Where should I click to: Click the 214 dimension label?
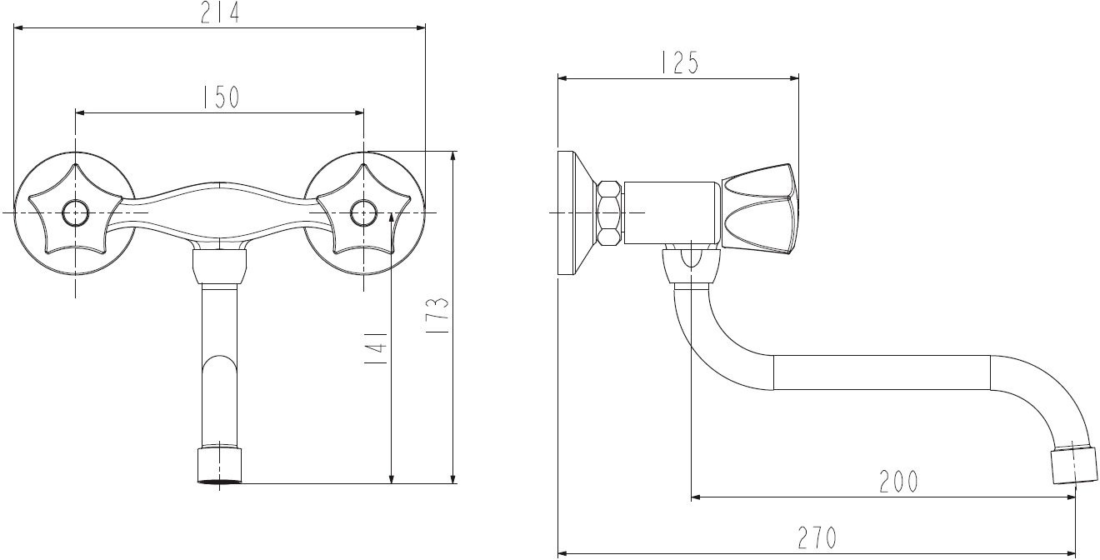219,13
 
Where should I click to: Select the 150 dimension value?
221,97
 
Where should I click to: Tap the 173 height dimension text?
441,315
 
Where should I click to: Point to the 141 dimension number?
376,347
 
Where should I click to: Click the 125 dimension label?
678,62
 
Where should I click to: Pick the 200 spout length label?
898,482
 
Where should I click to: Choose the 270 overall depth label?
817,537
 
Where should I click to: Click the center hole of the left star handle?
75,212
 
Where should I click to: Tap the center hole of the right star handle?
363,212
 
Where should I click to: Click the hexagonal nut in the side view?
609,212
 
